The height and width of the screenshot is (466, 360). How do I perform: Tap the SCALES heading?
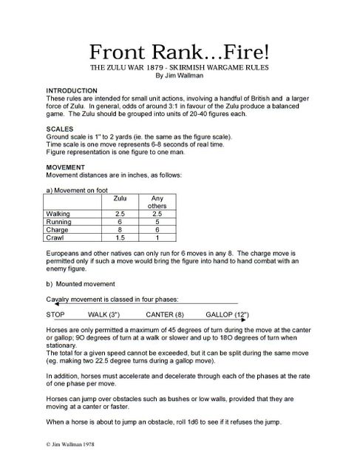click(59, 129)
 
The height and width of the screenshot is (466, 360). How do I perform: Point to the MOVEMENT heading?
click(67, 167)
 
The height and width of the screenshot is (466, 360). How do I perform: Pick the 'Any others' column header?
click(156, 203)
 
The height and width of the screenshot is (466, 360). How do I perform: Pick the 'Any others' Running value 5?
click(156, 222)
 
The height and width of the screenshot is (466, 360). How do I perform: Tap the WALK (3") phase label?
click(106, 314)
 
